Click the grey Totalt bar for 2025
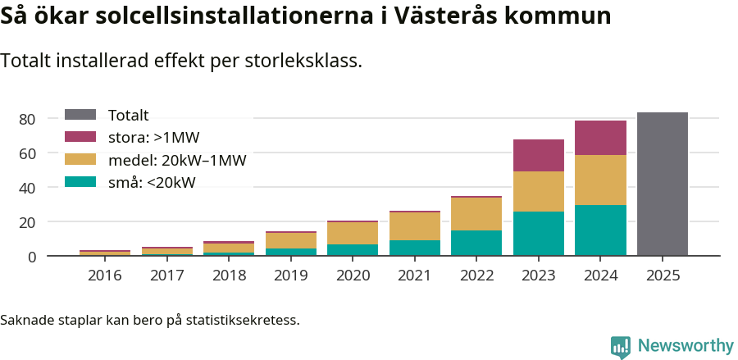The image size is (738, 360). click(x=663, y=185)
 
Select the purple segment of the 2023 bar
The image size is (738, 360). click(x=539, y=155)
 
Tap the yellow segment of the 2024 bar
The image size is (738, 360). click(x=600, y=180)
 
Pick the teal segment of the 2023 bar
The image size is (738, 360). click(x=539, y=234)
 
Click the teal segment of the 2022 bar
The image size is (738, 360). click(x=476, y=243)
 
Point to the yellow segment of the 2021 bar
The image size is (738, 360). click(x=414, y=226)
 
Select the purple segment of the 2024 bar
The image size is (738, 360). click(x=600, y=138)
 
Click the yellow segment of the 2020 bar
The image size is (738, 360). click(x=353, y=233)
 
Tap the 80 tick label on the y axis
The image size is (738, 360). click(x=27, y=120)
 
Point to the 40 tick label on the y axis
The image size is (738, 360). click(x=27, y=188)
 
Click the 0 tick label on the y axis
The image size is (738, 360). click(x=32, y=257)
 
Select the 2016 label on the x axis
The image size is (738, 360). click(x=104, y=276)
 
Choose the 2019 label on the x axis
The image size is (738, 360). click(x=290, y=276)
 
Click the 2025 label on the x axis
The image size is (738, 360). click(x=663, y=276)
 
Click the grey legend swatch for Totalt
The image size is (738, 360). click(x=80, y=116)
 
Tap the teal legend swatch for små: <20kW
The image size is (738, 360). click(x=80, y=182)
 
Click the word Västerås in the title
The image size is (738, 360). click(x=490, y=16)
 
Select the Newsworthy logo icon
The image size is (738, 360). click(x=621, y=346)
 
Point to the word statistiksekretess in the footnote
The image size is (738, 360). click(x=243, y=320)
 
